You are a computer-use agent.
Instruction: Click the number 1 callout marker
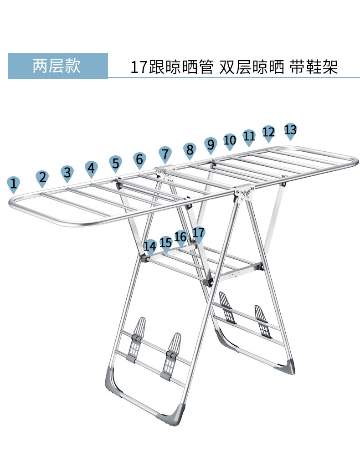coord(14,184)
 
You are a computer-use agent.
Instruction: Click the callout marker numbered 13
coord(290,130)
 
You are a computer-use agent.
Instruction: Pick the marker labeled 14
coord(150,246)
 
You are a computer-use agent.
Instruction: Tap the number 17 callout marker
coord(198,234)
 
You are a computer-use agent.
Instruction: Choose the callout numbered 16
coord(180,237)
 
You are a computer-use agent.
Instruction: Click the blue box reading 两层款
coord(57,66)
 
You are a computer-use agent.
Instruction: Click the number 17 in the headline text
coord(139,68)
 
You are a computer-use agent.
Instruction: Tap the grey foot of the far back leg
coord(287,364)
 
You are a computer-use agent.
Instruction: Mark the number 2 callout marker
coord(42,178)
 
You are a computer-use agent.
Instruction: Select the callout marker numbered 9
coord(210,145)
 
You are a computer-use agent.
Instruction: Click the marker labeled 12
coord(269,133)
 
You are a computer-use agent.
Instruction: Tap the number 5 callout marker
coord(116,163)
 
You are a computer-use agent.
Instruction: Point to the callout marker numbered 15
coord(165,243)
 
